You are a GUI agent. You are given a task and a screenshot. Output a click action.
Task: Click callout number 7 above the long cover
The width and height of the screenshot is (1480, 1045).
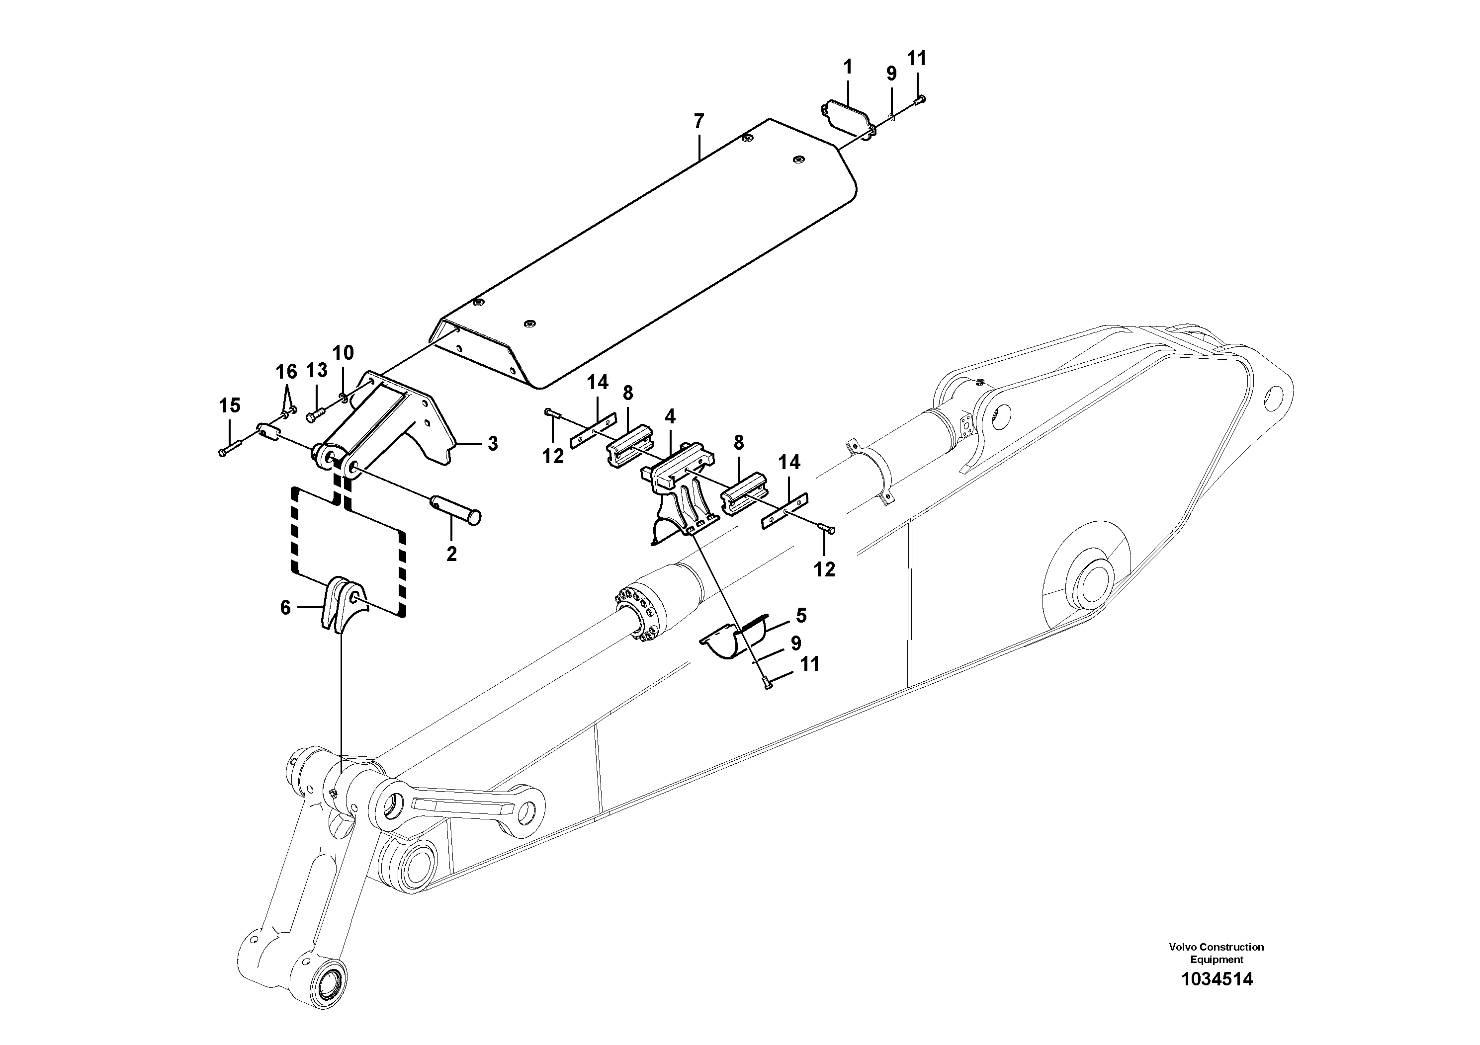[699, 121]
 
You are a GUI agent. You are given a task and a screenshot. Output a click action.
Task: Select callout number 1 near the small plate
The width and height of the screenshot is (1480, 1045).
[848, 67]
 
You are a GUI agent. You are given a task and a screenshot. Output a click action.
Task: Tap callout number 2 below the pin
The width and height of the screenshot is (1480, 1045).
[451, 554]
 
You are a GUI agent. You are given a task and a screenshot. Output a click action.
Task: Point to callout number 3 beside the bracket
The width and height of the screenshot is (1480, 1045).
[493, 443]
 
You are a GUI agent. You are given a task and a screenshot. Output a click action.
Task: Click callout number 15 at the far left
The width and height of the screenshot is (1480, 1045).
[230, 405]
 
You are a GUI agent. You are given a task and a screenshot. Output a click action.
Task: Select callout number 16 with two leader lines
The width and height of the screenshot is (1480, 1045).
[286, 372]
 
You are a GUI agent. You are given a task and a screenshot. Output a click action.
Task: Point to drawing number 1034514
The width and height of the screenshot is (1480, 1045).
[1217, 997]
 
